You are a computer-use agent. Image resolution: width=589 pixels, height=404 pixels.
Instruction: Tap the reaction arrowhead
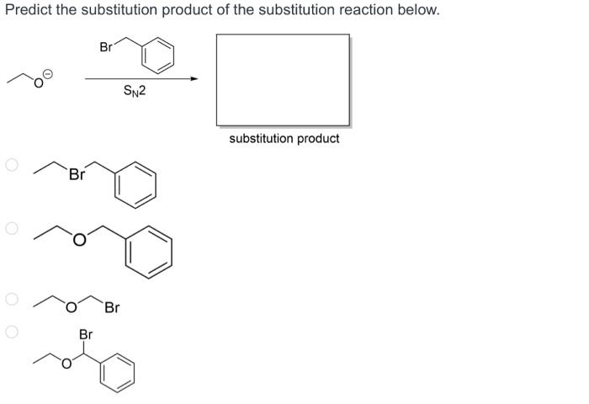pyautogui.click(x=194, y=79)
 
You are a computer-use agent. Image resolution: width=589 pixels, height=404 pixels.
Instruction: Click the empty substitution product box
pyautogui.click(x=283, y=79)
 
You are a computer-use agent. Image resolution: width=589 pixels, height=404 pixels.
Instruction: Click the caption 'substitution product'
pyautogui.click(x=284, y=138)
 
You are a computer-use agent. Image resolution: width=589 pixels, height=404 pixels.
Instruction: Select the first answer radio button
pyautogui.click(x=12, y=166)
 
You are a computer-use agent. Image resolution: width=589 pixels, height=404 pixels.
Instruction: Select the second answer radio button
pyautogui.click(x=12, y=227)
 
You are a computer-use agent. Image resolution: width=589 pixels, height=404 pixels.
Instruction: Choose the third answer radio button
pyautogui.click(x=12, y=299)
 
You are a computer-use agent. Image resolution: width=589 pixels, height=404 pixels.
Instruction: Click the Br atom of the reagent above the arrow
pyautogui.click(x=106, y=48)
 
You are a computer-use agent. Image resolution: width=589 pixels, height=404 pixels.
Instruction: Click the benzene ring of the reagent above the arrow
pyautogui.click(x=157, y=56)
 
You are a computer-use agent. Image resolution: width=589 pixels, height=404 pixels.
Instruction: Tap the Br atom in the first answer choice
pyautogui.click(x=77, y=175)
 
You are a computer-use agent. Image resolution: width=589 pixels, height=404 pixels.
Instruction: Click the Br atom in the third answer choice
pyautogui.click(x=112, y=308)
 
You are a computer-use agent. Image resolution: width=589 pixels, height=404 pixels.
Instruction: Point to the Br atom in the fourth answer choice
pyautogui.click(x=85, y=335)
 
